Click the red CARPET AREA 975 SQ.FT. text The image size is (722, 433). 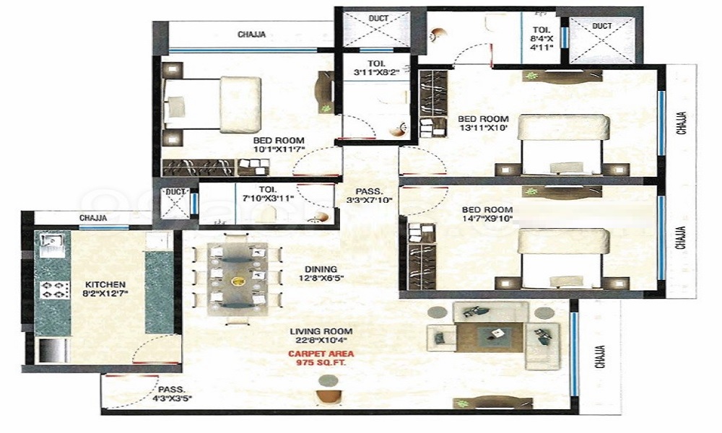coord(321,358)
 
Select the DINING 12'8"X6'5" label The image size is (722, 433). coord(321,274)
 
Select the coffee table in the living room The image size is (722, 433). coord(490,337)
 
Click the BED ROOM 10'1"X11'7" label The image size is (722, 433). coord(279,144)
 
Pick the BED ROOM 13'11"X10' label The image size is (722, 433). coord(483,123)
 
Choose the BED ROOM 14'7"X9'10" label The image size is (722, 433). coord(487,214)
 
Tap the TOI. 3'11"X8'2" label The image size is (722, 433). coord(377,68)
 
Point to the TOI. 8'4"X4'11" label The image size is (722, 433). coord(542,38)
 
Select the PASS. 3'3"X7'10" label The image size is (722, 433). coord(369,196)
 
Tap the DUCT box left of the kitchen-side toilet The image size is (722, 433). coord(175,204)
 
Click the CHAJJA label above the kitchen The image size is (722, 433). coord(93,218)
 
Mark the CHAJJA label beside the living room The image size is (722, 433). coord(600,357)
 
